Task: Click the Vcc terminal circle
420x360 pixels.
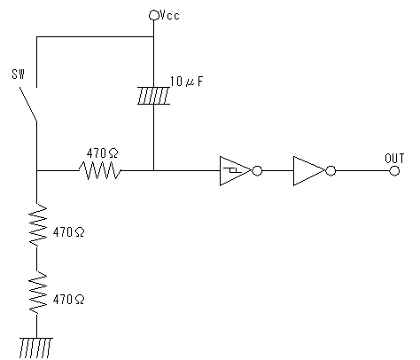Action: [x=153, y=15]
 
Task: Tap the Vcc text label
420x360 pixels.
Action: [x=169, y=15]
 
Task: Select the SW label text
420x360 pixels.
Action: [x=19, y=74]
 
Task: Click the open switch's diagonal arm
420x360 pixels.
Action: [x=28, y=104]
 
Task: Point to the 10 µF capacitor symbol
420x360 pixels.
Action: [x=153, y=96]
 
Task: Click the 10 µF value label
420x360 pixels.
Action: [x=187, y=82]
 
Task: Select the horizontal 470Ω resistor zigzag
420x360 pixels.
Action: [x=100, y=170]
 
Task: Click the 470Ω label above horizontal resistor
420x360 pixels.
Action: [x=102, y=153]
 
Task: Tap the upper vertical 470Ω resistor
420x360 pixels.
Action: [x=37, y=225]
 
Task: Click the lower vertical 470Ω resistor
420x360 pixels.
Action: [x=37, y=293]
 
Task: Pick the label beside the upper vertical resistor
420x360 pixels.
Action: [x=68, y=232]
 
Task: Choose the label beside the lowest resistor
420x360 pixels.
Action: [x=68, y=300]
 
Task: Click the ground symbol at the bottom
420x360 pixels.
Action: [x=36, y=348]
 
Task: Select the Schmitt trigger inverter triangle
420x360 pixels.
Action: [x=236, y=171]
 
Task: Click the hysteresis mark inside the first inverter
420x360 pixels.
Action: [x=232, y=170]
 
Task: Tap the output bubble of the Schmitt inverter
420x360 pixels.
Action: [x=257, y=171]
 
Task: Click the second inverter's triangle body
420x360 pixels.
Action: [x=309, y=171]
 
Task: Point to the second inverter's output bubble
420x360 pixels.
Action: [x=331, y=171]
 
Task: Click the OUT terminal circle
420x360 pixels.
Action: [x=394, y=171]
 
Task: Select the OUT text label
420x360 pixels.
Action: [x=394, y=159]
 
